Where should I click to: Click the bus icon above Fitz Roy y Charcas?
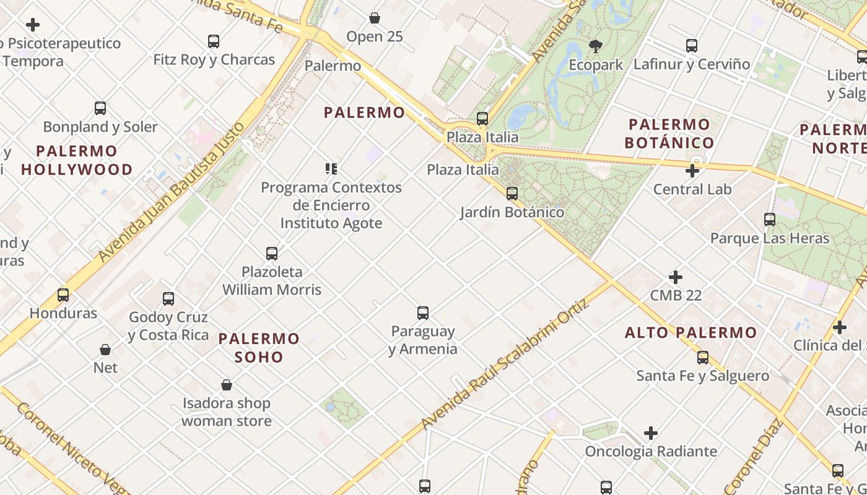coord(214,41)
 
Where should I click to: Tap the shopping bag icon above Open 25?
coord(375,18)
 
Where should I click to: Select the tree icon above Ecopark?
coord(596,46)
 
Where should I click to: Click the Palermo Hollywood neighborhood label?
coord(77,160)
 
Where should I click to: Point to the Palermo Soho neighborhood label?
coord(259,348)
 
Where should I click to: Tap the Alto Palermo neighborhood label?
coord(691,333)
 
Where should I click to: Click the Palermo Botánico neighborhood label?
coord(669,134)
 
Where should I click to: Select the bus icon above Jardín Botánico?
coord(512,194)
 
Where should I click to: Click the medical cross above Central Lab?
coord(692,171)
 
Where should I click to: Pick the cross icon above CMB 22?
coord(676,277)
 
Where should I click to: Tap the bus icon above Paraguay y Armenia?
coord(423,313)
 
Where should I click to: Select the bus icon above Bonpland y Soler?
coord(100,108)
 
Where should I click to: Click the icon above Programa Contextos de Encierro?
coord(331,168)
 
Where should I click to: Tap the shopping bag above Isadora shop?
coord(227,385)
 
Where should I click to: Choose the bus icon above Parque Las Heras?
coord(770,220)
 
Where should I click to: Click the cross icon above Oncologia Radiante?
coord(651,433)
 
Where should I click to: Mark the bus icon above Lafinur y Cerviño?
coord(692,46)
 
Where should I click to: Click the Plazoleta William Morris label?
coord(272,280)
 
